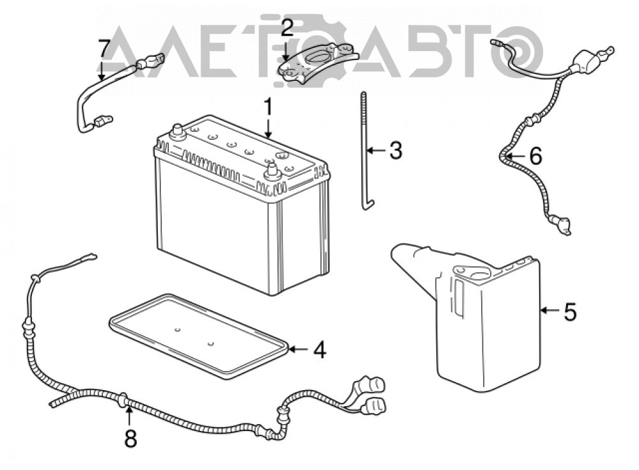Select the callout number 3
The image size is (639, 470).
point(396,150)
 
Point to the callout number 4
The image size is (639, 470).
point(319,349)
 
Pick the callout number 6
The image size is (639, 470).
point(535,156)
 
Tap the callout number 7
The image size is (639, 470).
point(104,49)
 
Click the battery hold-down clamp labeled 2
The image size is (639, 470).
point(317,63)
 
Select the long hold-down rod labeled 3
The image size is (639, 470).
point(364,151)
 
